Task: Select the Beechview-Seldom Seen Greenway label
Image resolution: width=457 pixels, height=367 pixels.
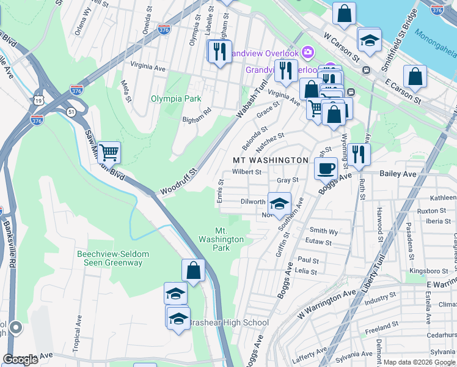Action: [x=110, y=258]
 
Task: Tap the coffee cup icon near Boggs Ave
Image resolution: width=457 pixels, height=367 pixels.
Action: [x=326, y=168]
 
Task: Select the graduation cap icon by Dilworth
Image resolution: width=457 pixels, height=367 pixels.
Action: [x=279, y=204]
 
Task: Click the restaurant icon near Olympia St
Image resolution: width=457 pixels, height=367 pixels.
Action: [x=219, y=51]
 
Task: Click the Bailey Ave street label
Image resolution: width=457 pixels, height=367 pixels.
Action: [x=397, y=174]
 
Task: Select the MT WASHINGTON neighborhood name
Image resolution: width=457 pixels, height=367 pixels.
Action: [x=271, y=160]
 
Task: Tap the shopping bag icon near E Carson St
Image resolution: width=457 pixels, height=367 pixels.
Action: [x=415, y=77]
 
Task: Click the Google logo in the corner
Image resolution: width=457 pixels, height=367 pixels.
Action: [x=21, y=360]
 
